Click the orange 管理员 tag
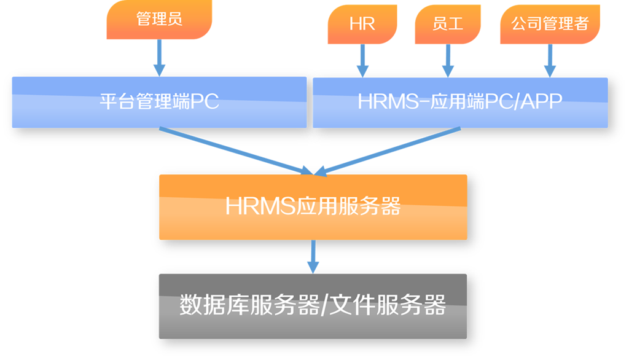[159, 19]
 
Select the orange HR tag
[362, 24]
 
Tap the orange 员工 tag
[448, 24]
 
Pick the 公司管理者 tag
[550, 24]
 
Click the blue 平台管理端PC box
[159, 103]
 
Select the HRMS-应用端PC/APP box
[460, 103]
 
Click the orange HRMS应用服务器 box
[313, 207]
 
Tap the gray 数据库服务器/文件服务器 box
[313, 306]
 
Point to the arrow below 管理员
[159, 58]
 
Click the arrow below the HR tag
[362, 61]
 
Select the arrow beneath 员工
[448, 61]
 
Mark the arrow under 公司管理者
[550, 61]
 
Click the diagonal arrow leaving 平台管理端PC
[236, 152]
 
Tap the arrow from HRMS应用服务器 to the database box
[313, 257]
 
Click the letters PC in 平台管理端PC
[205, 101]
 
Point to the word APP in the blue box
[542, 101]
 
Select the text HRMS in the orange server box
[260, 206]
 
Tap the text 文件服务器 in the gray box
[388, 305]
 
